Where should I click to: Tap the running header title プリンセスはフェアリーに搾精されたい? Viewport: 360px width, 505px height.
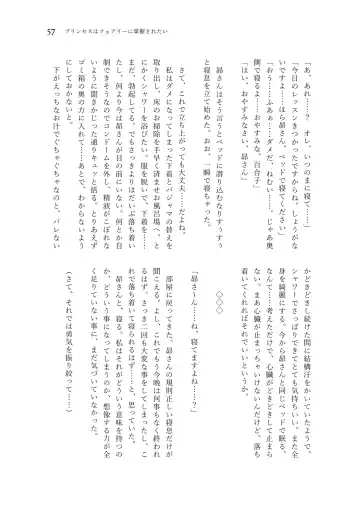[x=107, y=31]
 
